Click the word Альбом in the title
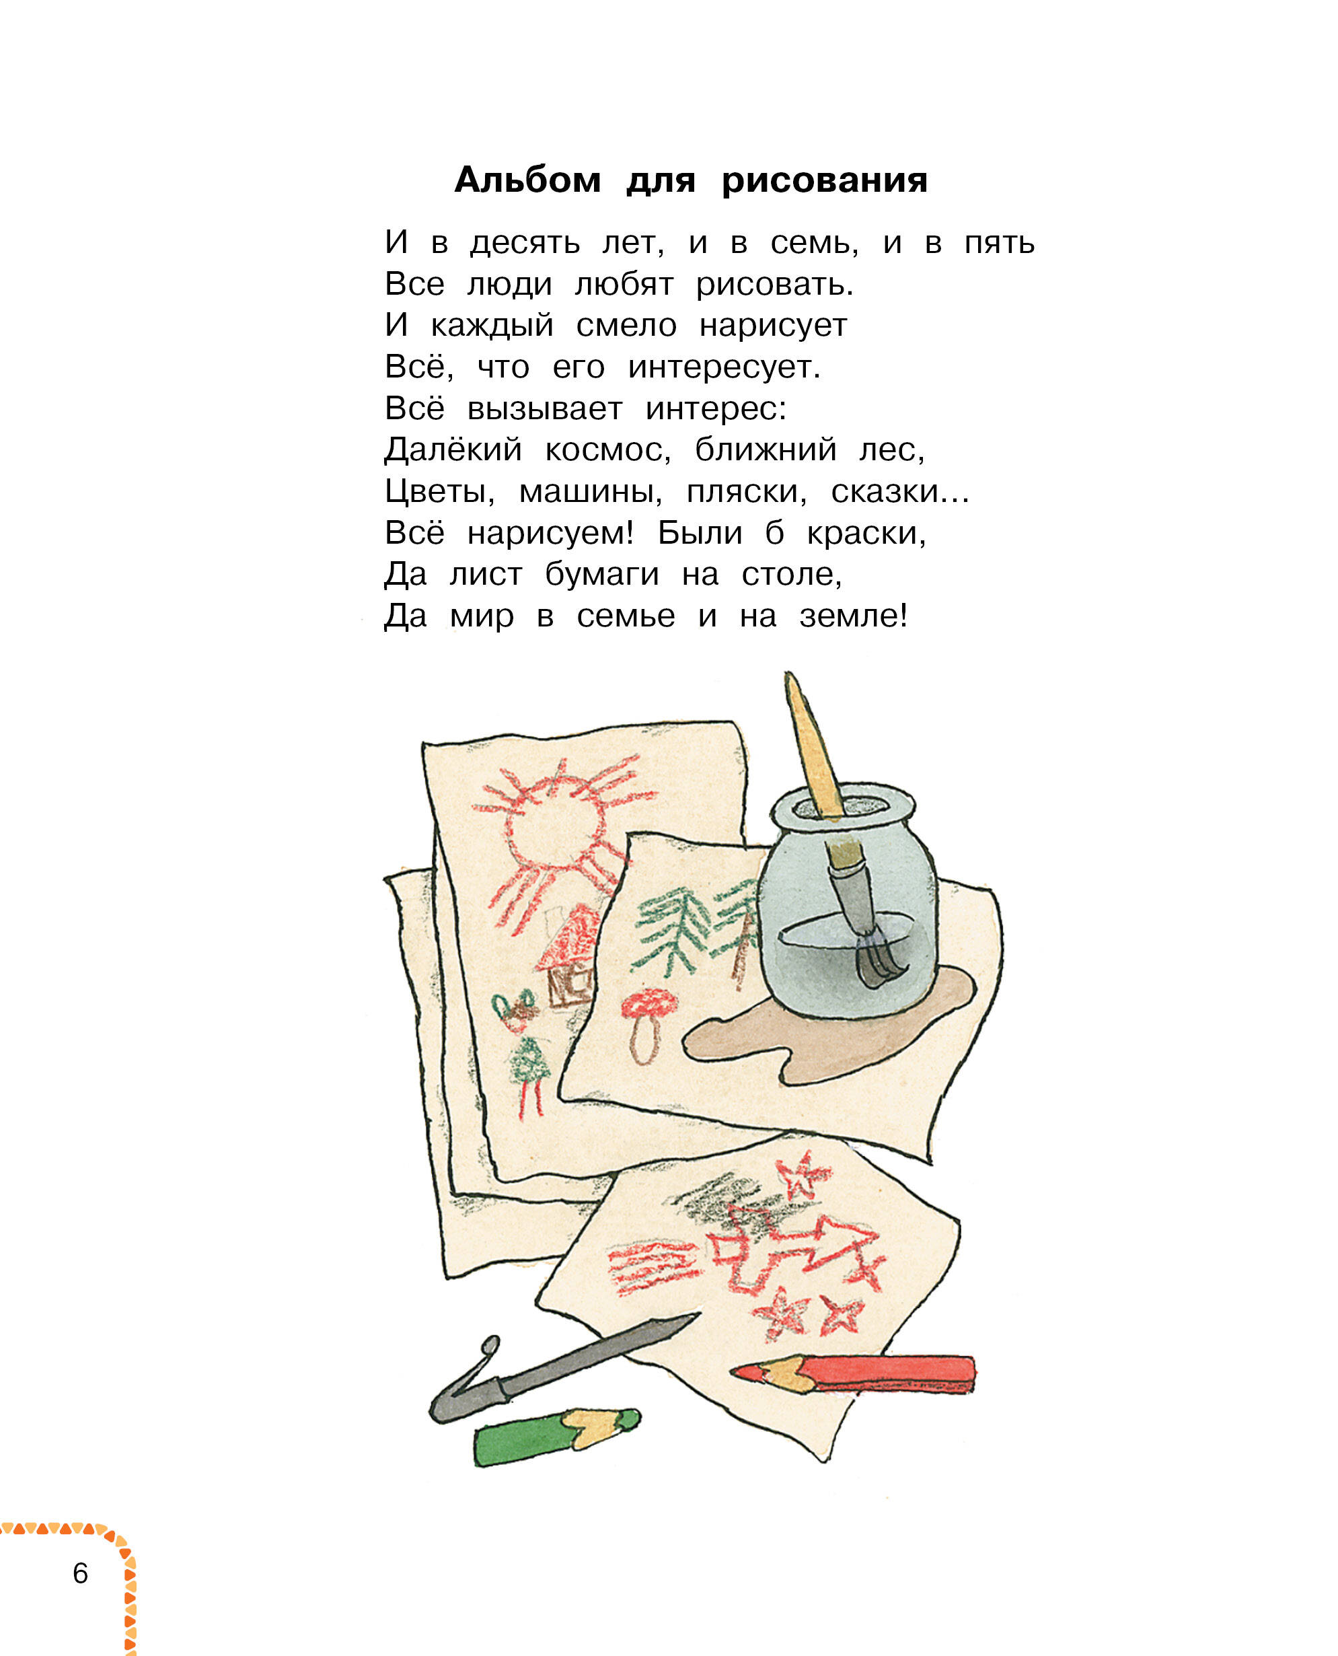pos(527,180)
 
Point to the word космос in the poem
pos(608,451)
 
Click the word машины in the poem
pos(591,493)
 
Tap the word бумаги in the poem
pos(602,575)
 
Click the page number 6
pos(80,1573)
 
